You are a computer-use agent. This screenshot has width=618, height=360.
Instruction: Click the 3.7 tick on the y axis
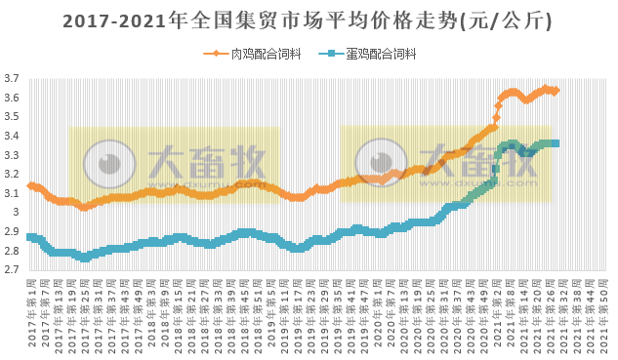click(x=11, y=79)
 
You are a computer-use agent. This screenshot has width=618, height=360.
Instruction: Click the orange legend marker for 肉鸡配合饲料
click(x=215, y=54)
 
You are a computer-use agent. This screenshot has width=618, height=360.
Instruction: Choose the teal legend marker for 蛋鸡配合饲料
click(x=332, y=54)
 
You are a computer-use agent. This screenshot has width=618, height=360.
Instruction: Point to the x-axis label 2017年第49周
click(x=141, y=312)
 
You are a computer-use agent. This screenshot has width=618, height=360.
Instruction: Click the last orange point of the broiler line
click(x=556, y=90)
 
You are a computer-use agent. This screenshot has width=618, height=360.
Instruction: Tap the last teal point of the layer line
click(x=556, y=143)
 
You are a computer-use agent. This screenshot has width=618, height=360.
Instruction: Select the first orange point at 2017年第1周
click(x=30, y=185)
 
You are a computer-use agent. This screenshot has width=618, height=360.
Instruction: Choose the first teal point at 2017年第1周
click(x=30, y=237)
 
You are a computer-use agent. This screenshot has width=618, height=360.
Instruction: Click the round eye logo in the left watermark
click(x=104, y=161)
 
